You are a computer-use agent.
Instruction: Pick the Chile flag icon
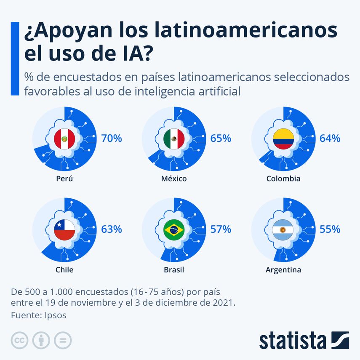64,230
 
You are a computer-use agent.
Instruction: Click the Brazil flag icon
174,230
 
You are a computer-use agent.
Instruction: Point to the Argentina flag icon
283,230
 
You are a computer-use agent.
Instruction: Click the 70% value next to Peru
111,138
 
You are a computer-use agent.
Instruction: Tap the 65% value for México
221,138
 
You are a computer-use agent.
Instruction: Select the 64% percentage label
330,138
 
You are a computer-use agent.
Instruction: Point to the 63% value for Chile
111,229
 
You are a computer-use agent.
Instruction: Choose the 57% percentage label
221,229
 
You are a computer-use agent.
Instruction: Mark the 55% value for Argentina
330,229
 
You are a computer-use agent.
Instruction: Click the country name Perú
64,179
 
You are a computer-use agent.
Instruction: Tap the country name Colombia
283,179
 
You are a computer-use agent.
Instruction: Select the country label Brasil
174,270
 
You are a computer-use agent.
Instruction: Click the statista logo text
292,341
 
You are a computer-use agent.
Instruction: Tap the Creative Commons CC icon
19,340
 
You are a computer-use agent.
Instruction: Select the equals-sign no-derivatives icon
63,340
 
